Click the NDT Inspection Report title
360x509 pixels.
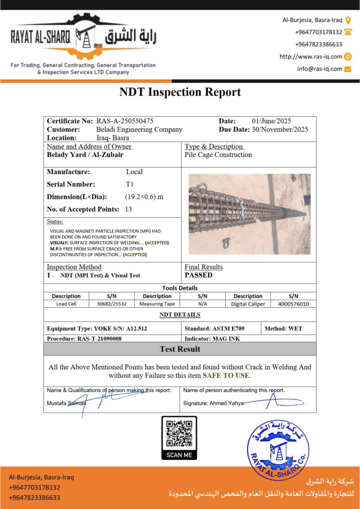(x=180, y=92)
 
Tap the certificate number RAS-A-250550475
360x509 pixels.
(x=125, y=121)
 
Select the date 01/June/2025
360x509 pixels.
(x=271, y=121)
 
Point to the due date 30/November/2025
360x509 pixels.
(x=279, y=129)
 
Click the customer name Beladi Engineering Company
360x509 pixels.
(x=139, y=129)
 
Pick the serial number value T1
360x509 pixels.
(x=130, y=184)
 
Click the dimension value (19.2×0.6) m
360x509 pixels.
(x=144, y=196)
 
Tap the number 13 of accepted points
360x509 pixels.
(x=128, y=209)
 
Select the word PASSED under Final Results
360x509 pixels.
(x=198, y=275)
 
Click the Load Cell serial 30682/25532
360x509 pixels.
(x=112, y=304)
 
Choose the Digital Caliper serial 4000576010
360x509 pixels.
(x=293, y=304)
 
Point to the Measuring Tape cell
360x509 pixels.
(x=157, y=304)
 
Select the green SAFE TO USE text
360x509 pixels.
(x=226, y=375)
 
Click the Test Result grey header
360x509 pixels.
(x=180, y=349)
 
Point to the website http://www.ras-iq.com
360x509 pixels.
(x=311, y=57)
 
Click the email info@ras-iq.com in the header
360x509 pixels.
(x=320, y=69)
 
